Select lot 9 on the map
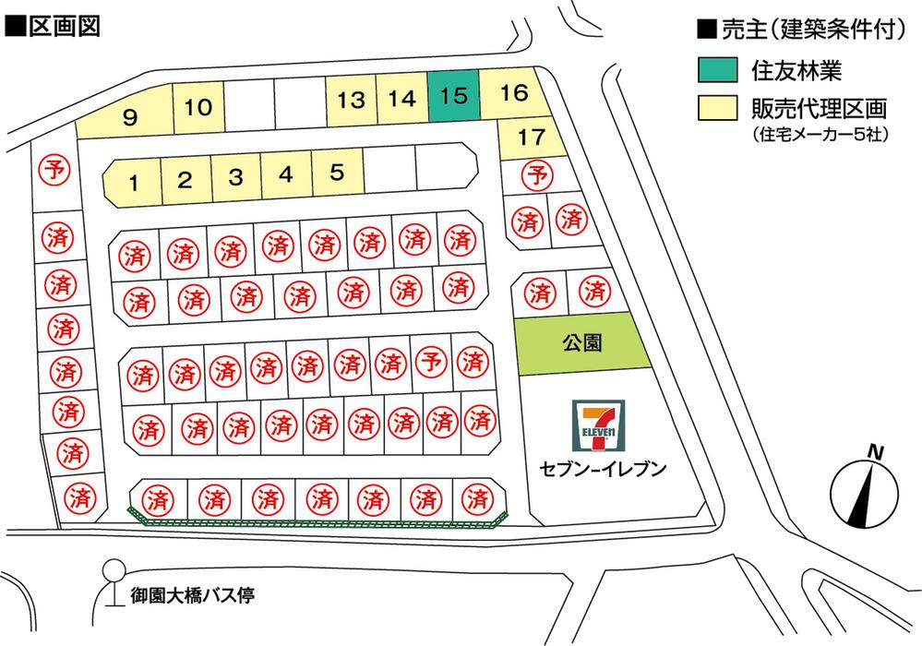coord(130,117)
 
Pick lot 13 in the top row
coord(351,100)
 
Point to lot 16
coord(515,92)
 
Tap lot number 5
coord(337,172)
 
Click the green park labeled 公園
coord(581,343)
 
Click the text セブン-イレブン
coord(603,469)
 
